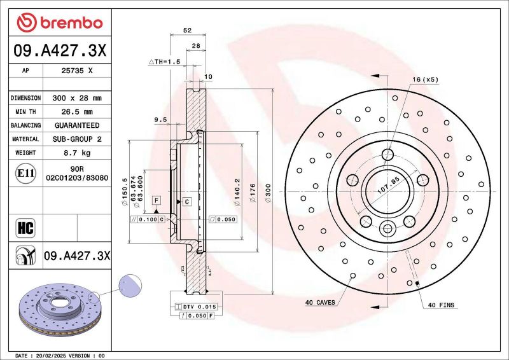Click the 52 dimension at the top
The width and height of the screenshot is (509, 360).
188,30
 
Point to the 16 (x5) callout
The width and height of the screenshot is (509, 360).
425,80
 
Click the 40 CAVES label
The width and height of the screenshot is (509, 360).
321,303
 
